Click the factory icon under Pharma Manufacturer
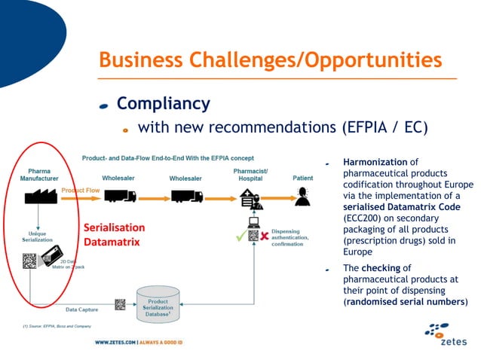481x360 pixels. [39, 196]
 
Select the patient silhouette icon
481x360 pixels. [303, 196]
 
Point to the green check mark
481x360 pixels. [240, 236]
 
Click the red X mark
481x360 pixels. [265, 236]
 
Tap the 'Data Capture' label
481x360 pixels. [81, 310]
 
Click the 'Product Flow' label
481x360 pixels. [78, 190]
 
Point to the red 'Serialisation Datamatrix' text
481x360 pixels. [114, 234]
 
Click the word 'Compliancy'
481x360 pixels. [163, 103]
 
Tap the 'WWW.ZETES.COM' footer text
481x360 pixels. [114, 342]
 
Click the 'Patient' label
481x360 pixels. [303, 178]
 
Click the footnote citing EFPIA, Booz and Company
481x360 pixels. [57, 326]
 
